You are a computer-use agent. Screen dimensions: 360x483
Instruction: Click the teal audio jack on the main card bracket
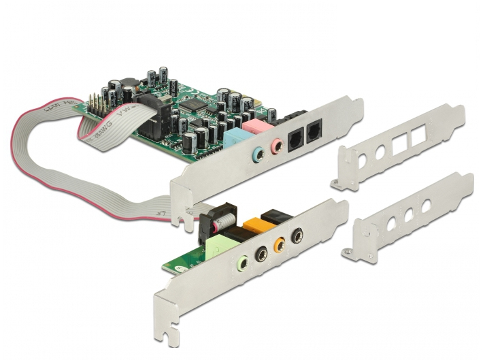coord(259,154)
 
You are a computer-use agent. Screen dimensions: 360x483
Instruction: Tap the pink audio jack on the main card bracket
coord(277,146)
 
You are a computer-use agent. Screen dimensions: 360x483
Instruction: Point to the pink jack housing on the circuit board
coord(254,127)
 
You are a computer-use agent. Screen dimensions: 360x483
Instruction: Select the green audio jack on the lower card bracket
coord(242,261)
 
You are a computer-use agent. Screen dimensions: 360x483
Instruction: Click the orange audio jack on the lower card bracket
coord(279,244)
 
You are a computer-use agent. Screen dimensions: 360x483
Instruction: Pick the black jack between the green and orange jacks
coord(261,252)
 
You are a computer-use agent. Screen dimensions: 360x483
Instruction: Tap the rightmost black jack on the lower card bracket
coord(297,235)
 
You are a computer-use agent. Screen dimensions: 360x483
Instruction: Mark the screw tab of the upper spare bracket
coord(338,183)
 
